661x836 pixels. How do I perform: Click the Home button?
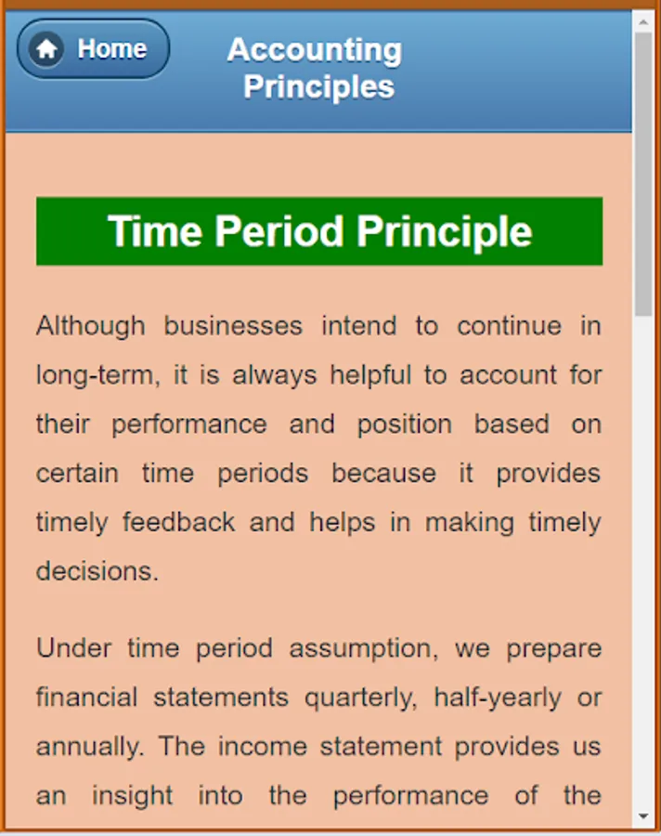(x=93, y=49)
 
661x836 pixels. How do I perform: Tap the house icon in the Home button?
(x=46, y=49)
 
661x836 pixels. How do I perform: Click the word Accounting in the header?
(x=315, y=51)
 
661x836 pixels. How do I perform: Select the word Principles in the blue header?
(x=318, y=86)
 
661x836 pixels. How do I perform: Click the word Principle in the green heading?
(x=444, y=232)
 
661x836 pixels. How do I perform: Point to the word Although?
(x=91, y=326)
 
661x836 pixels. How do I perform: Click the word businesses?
(x=233, y=326)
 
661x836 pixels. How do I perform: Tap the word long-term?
(x=98, y=375)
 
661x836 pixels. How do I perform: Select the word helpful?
(x=371, y=375)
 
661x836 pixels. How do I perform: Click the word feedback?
(x=178, y=522)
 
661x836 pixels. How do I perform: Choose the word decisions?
(x=97, y=571)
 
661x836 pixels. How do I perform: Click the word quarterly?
(x=361, y=698)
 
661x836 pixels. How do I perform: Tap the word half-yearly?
(x=498, y=698)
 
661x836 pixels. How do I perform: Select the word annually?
(x=90, y=747)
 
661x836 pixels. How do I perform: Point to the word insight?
(x=132, y=796)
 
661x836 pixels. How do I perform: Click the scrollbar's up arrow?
(x=643, y=22)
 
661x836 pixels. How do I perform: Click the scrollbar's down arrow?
(x=643, y=816)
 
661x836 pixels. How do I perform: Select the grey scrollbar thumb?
(x=643, y=175)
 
